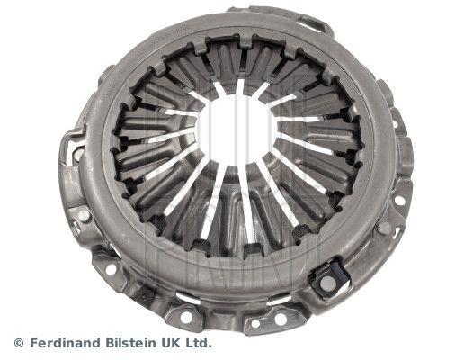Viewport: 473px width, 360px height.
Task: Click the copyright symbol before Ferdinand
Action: tap(19, 343)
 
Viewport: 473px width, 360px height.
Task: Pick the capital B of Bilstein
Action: tap(115, 343)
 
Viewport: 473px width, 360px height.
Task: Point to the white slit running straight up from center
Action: tap(240, 89)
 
